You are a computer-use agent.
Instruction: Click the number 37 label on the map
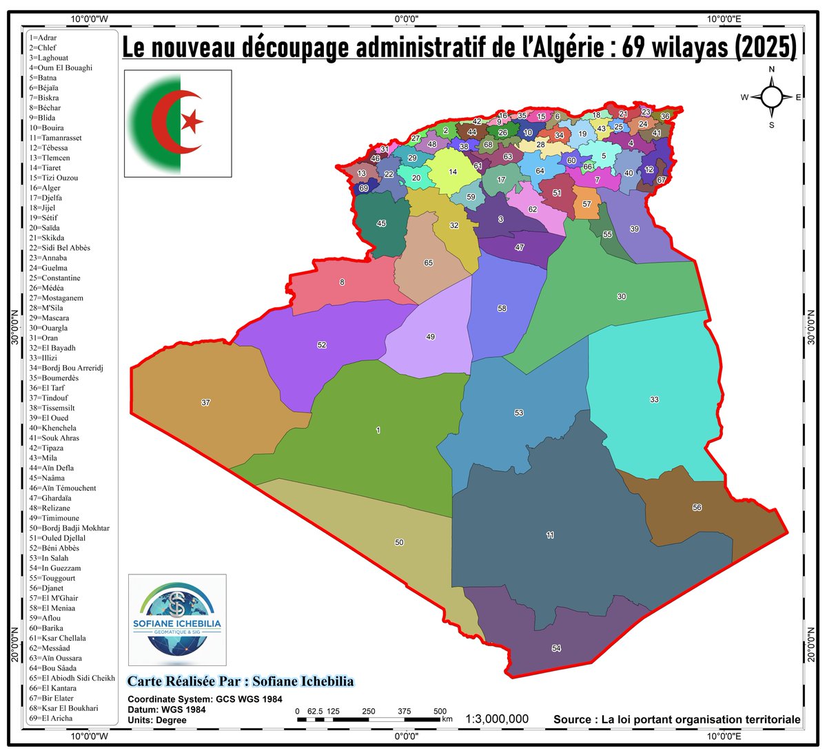(x=205, y=402)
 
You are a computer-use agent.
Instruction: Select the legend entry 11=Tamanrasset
(x=55, y=138)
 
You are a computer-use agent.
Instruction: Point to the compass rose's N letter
(x=772, y=70)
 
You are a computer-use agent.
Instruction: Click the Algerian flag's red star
(x=192, y=121)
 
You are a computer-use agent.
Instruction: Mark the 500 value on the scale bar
(x=440, y=711)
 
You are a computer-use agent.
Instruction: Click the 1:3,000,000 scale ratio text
(x=497, y=719)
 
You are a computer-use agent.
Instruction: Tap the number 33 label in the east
(x=654, y=400)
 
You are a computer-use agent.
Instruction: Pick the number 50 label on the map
(x=399, y=543)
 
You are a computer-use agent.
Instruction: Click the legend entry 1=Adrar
(x=43, y=37)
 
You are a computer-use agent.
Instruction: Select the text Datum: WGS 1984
(x=166, y=710)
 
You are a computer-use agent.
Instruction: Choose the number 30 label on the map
(x=622, y=296)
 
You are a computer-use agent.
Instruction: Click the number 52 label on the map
(x=322, y=345)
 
